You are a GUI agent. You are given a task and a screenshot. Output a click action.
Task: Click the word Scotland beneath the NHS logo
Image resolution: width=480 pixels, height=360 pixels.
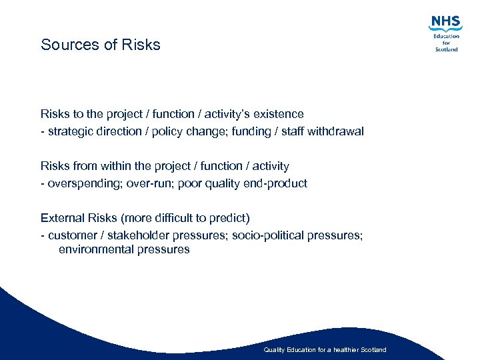(446, 49)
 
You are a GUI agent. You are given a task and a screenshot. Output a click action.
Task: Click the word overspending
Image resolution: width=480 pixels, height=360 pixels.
(81, 183)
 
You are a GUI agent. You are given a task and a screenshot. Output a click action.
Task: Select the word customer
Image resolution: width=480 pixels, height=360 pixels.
(72, 235)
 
